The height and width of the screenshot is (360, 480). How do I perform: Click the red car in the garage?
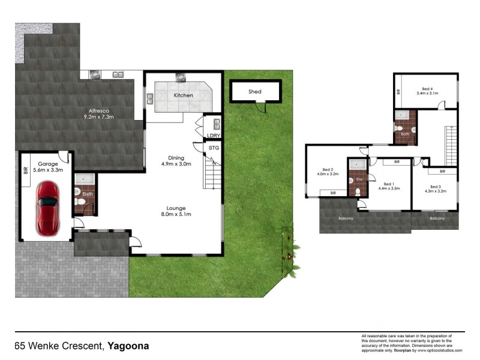[x=47, y=208]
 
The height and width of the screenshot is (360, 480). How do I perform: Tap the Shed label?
[x=255, y=92]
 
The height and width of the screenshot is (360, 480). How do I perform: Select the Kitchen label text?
[x=183, y=95]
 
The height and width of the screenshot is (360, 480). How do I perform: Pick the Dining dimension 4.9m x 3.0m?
[x=176, y=164]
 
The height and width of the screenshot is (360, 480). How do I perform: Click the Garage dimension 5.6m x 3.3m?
[x=47, y=170]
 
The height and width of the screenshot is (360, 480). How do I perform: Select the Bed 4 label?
[x=427, y=89]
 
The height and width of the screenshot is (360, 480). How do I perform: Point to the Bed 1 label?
[x=388, y=184]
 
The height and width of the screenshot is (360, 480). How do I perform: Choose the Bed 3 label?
[x=436, y=187]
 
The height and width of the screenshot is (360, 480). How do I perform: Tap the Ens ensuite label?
[x=359, y=179]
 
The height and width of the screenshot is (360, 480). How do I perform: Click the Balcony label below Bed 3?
[x=437, y=218]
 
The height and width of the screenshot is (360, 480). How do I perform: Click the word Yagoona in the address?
[x=128, y=346]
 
